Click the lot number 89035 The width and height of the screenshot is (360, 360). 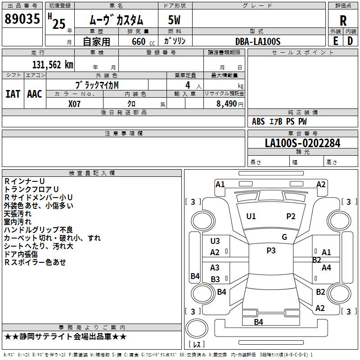[22, 19]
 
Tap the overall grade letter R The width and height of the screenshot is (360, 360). [343, 21]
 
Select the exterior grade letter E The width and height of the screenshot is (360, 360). [335, 41]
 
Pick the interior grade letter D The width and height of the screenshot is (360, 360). [350, 41]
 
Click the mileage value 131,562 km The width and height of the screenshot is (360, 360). [53, 65]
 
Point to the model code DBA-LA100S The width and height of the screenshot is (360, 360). [258, 41]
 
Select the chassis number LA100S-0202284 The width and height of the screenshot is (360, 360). [302, 143]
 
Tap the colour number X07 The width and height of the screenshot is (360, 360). [74, 104]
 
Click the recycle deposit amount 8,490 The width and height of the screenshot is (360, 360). [226, 103]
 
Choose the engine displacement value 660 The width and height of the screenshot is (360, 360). [139, 41]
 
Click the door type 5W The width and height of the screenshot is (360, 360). [174, 20]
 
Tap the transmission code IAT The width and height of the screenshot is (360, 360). [13, 94]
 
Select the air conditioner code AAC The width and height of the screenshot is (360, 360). [35, 94]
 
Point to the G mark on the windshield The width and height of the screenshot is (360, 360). [284, 237]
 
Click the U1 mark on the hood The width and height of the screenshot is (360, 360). [251, 216]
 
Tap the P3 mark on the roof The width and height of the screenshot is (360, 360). [271, 251]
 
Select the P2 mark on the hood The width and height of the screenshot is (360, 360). [291, 216]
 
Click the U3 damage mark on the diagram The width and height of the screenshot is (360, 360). [215, 241]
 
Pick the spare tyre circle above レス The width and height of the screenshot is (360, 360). [197, 328]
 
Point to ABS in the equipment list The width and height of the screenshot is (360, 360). [258, 121]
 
